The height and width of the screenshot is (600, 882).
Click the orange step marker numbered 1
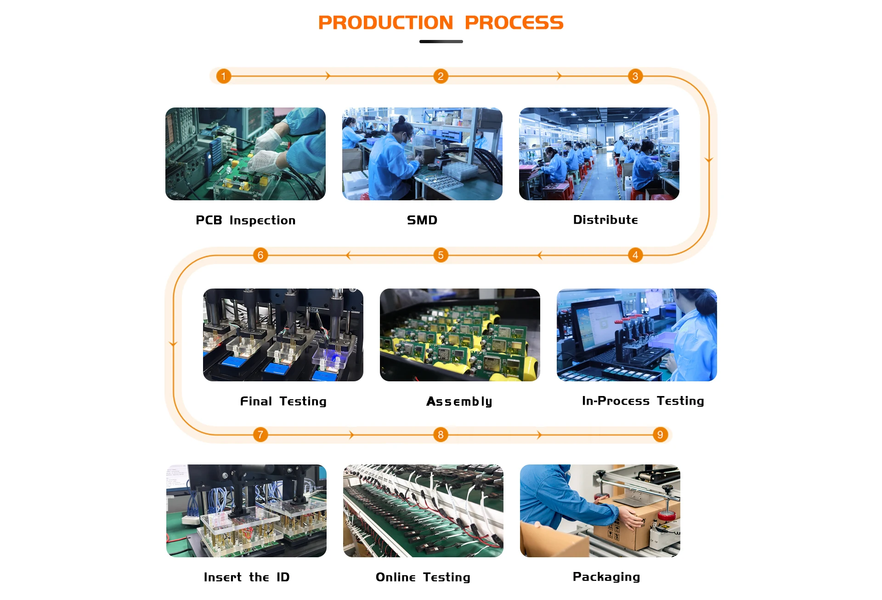(x=224, y=76)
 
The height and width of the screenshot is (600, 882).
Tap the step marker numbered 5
(x=441, y=255)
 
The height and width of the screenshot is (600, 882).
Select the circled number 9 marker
(x=660, y=435)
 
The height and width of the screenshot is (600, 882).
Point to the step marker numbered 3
(x=635, y=76)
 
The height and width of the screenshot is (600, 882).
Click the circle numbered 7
(x=260, y=435)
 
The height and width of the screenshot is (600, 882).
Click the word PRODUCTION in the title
(x=385, y=23)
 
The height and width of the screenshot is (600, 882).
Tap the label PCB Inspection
(x=245, y=221)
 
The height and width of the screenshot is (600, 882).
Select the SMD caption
(x=422, y=221)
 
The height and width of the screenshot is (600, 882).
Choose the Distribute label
(x=605, y=220)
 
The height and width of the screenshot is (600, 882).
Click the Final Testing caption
(x=283, y=402)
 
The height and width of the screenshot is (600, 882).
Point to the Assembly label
(x=459, y=402)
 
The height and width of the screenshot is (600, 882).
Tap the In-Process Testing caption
(x=643, y=401)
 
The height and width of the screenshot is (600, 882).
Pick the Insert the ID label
(x=247, y=577)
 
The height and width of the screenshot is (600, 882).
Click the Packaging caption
(x=606, y=577)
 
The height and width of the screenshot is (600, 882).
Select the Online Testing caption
(x=423, y=577)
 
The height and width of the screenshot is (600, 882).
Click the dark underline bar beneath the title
(x=441, y=42)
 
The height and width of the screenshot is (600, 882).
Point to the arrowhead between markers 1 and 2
(x=328, y=76)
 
